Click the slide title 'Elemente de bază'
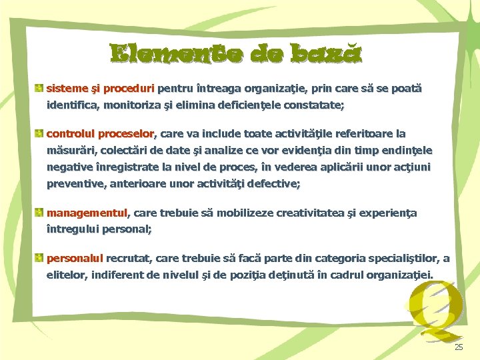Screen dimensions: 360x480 (237, 54)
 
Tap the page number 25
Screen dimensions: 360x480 (458, 347)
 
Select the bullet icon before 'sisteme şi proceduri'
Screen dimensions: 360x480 (40, 88)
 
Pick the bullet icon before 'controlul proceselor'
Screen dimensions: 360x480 (40, 133)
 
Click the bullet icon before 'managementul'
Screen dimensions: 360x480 (40, 213)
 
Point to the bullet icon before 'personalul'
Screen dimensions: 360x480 (40, 258)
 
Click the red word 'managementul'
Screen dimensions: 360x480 (87, 213)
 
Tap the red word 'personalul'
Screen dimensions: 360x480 (75, 259)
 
